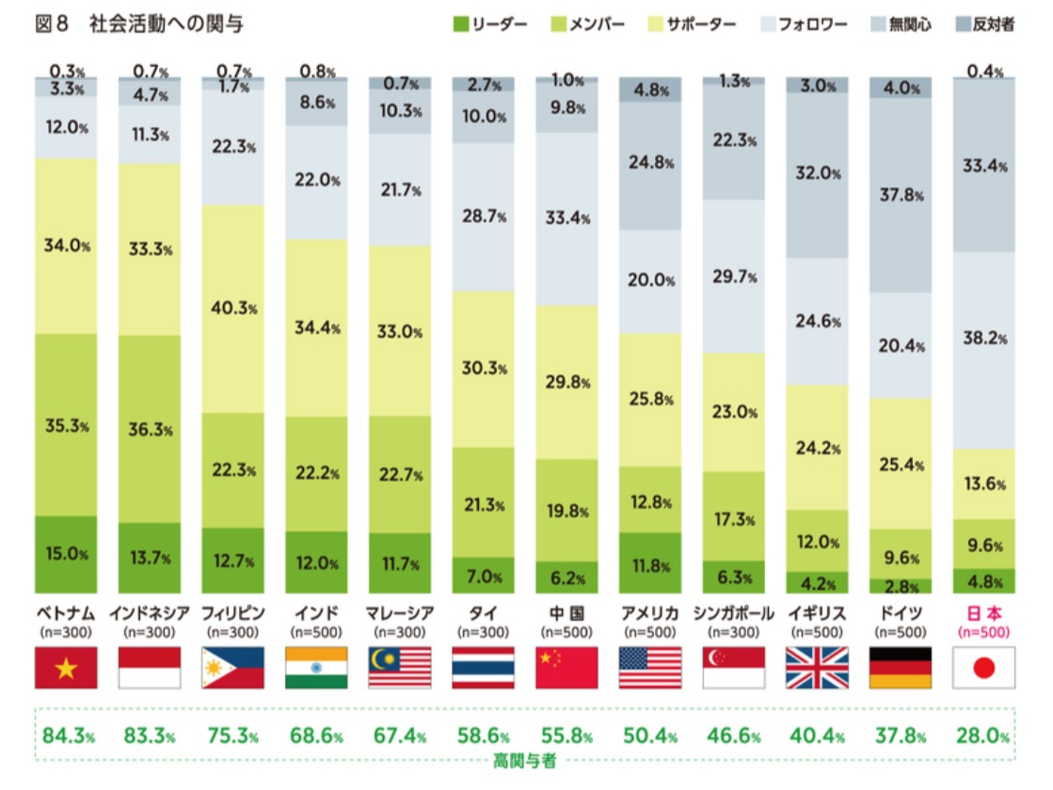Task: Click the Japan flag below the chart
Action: pos(983,668)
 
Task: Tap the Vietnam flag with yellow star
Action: pos(65,668)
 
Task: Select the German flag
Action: pos(901,668)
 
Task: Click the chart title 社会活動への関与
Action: pos(167,24)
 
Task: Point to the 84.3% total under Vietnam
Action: pos(65,735)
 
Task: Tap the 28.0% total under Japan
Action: pos(983,735)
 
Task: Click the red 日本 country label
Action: pos(983,614)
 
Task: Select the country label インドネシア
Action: pos(149,614)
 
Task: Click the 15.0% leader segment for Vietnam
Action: pos(65,554)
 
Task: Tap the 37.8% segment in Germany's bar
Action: pos(901,196)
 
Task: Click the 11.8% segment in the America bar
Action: pos(649,564)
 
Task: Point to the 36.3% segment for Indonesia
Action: pos(149,429)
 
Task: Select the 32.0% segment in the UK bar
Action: pos(817,174)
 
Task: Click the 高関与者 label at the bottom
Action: pos(525,761)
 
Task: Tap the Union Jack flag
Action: pos(817,668)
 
